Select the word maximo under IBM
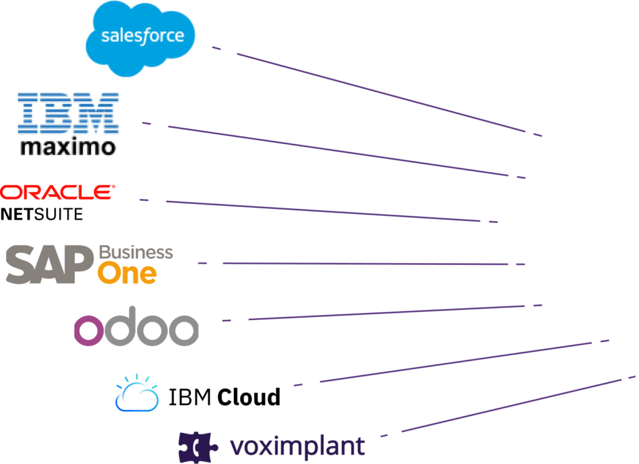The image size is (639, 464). point(67,147)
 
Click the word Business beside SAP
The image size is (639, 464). point(135,253)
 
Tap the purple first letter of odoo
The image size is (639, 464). point(88,330)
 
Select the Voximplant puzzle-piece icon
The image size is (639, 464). point(195,447)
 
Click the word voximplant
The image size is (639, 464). point(297,447)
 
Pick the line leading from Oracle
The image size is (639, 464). point(324,211)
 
